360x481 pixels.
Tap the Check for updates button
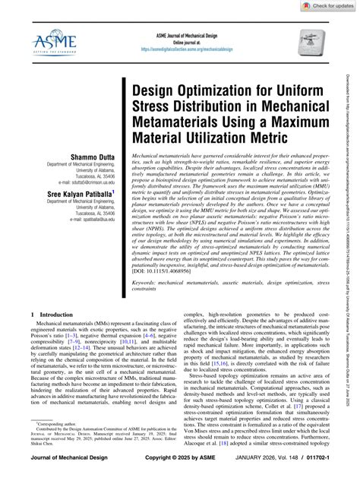coord(329,6)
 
